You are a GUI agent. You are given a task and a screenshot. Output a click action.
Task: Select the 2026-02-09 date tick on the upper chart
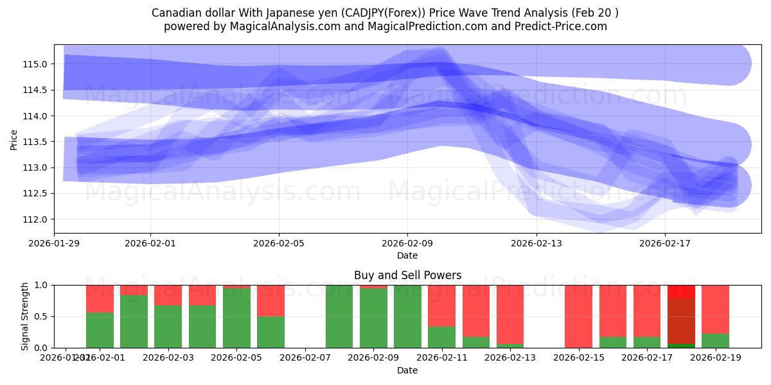[407, 243]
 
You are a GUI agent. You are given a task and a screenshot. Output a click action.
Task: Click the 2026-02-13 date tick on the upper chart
[536, 243]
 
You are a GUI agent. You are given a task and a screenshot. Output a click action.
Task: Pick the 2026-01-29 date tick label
[54, 243]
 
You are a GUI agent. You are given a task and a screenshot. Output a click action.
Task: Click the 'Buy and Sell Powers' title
[407, 275]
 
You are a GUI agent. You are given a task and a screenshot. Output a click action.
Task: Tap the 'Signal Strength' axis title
[24, 316]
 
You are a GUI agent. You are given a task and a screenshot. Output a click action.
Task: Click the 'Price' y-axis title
[14, 139]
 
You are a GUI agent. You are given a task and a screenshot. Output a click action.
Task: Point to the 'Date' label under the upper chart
[407, 255]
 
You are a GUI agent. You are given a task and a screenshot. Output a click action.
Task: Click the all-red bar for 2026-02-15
[578, 316]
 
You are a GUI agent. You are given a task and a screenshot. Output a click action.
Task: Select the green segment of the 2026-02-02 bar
[134, 321]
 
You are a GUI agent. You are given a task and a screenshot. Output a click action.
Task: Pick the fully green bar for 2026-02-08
[339, 316]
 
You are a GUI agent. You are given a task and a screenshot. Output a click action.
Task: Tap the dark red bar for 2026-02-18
[681, 321]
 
